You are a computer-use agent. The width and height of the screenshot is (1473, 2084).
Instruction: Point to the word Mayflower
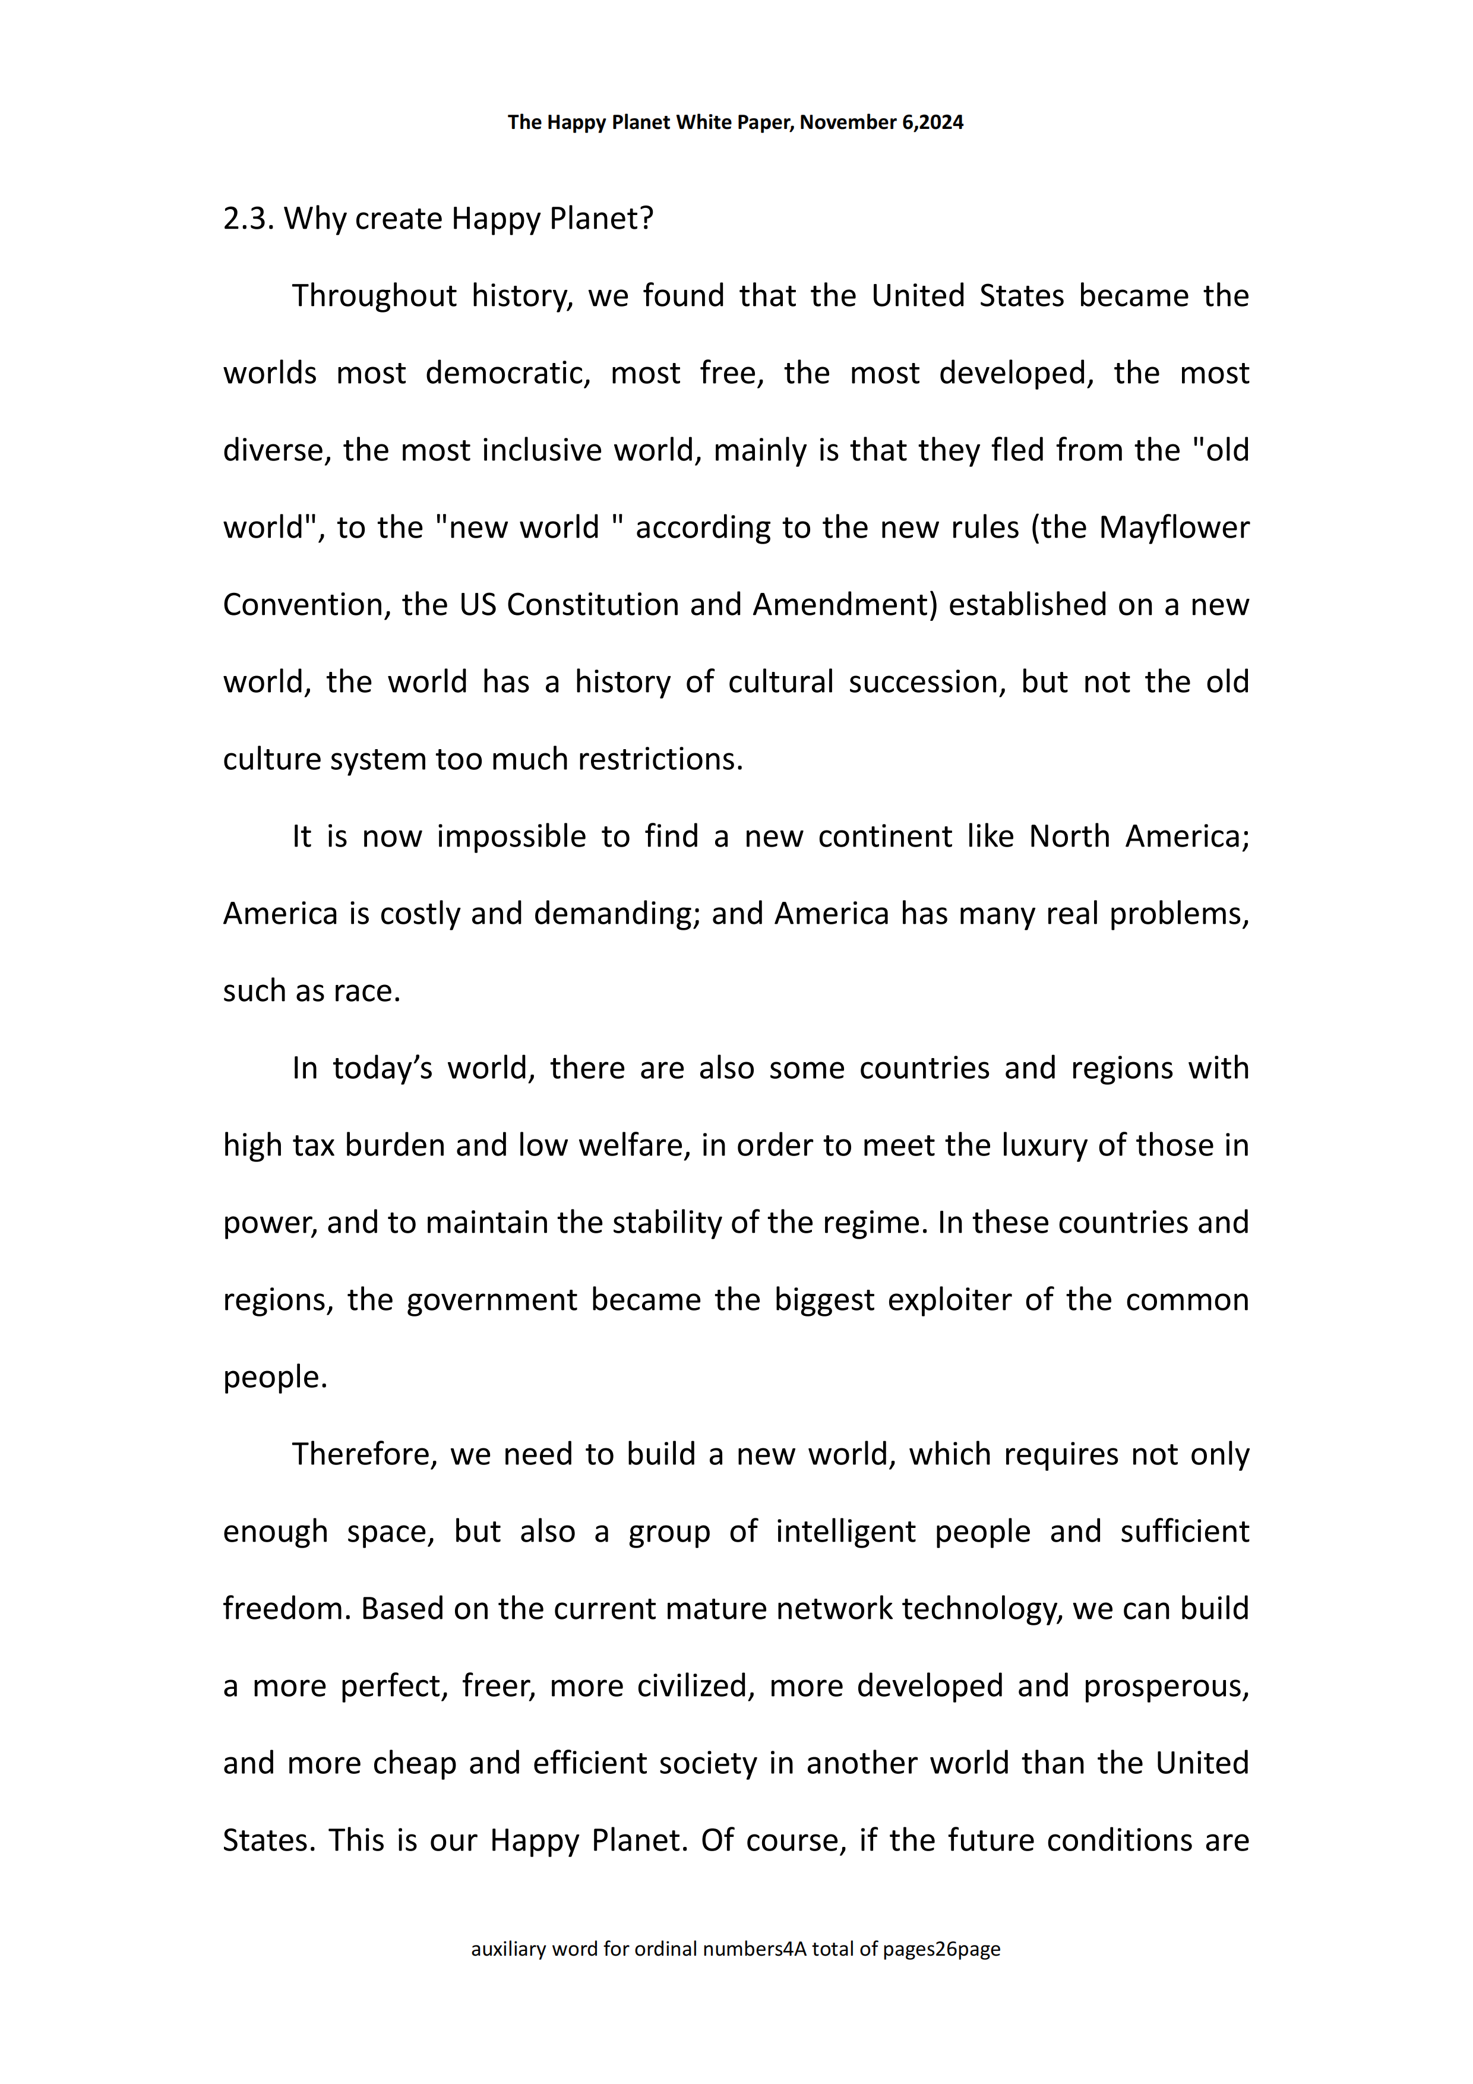click(1174, 528)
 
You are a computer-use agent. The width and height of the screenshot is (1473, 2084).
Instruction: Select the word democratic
click(507, 373)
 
